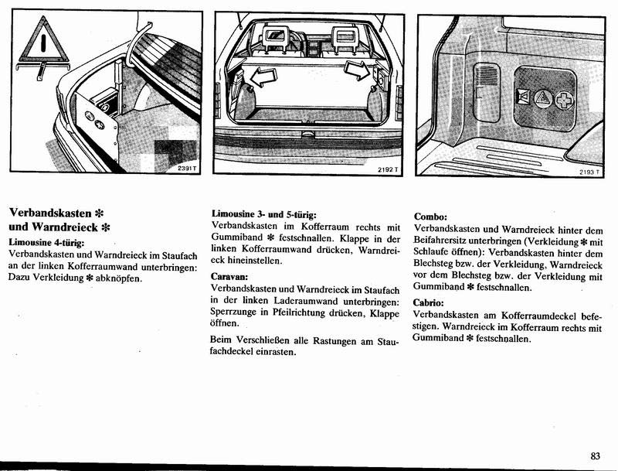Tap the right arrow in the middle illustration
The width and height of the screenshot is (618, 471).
point(358,72)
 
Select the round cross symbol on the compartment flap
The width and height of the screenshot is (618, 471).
point(565,100)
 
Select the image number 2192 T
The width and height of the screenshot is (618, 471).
point(387,169)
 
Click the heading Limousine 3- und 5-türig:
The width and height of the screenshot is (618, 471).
point(265,213)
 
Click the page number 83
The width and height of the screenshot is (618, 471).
point(595,456)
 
